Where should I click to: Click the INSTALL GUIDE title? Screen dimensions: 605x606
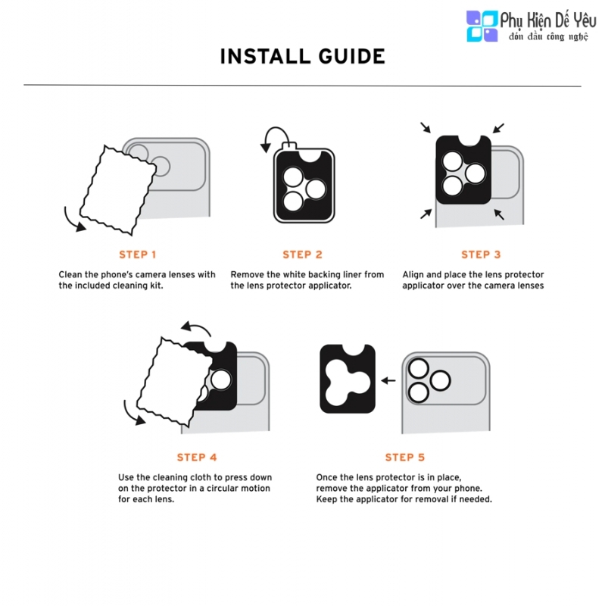click(x=303, y=56)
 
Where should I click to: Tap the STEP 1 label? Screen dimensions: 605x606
click(x=138, y=255)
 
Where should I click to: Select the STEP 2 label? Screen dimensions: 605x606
click(x=303, y=255)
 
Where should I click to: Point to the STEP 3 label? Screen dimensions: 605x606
click(x=481, y=255)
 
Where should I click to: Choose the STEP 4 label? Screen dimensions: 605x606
click(x=197, y=458)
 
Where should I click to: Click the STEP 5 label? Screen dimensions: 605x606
click(x=405, y=458)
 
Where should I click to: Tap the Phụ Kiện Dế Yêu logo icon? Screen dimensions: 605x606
click(x=482, y=26)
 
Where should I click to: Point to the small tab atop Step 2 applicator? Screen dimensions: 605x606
click(x=290, y=146)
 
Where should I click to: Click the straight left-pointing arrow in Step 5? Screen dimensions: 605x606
click(x=388, y=381)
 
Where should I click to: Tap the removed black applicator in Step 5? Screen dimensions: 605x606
click(x=348, y=379)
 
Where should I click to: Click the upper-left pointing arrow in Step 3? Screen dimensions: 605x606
click(x=426, y=127)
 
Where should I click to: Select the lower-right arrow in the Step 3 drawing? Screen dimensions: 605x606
click(x=499, y=214)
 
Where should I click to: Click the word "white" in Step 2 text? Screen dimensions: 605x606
click(x=295, y=274)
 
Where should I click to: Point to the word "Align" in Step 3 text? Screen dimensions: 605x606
click(x=413, y=275)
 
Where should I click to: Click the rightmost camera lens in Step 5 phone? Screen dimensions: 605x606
click(x=440, y=380)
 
